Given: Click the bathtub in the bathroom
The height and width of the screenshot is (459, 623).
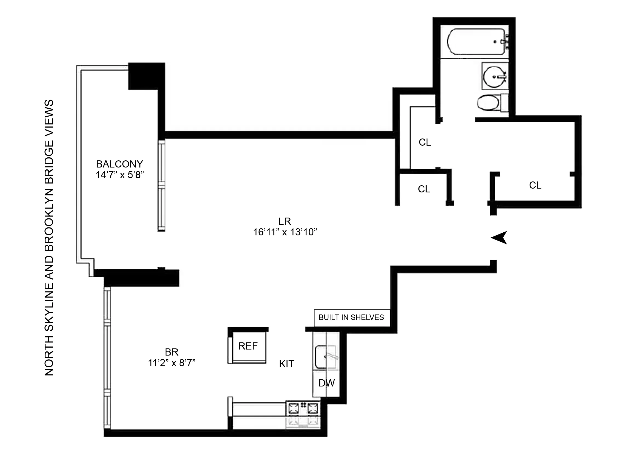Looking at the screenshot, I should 476,42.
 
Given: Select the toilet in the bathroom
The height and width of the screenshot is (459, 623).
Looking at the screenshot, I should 489,103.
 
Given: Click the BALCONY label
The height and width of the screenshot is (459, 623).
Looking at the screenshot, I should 120,164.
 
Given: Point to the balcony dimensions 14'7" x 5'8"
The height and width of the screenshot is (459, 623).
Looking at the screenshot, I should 120,175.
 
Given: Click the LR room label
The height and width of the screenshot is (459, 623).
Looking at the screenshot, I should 285,221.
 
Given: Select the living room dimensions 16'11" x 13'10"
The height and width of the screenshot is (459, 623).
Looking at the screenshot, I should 285,232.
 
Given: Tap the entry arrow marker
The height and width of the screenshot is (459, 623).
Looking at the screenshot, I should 499,238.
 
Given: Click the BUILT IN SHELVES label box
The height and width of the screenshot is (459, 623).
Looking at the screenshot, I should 351,317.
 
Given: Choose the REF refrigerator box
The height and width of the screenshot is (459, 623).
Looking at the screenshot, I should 248,346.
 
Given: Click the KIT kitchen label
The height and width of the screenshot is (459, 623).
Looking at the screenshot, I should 286,364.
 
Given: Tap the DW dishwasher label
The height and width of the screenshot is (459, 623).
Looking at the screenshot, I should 327,383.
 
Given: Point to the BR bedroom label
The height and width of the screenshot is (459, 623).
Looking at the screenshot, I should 171,352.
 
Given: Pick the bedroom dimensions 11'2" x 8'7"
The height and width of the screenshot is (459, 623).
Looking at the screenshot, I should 171,363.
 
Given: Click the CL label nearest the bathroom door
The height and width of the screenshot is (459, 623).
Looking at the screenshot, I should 425,142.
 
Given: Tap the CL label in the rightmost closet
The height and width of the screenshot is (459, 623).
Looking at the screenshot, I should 535,185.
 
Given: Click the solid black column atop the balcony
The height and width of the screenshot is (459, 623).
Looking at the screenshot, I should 147,76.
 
